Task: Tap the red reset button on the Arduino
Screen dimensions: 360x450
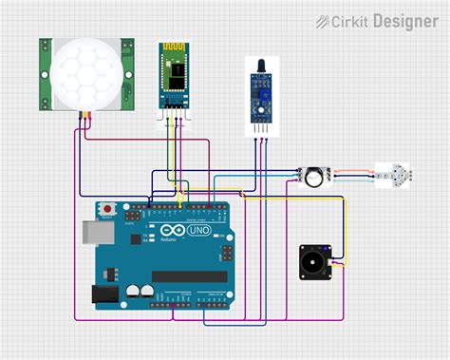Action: click(x=107, y=208)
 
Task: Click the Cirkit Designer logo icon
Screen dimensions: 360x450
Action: click(x=323, y=20)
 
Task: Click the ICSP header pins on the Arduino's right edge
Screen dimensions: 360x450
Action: click(x=228, y=253)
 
